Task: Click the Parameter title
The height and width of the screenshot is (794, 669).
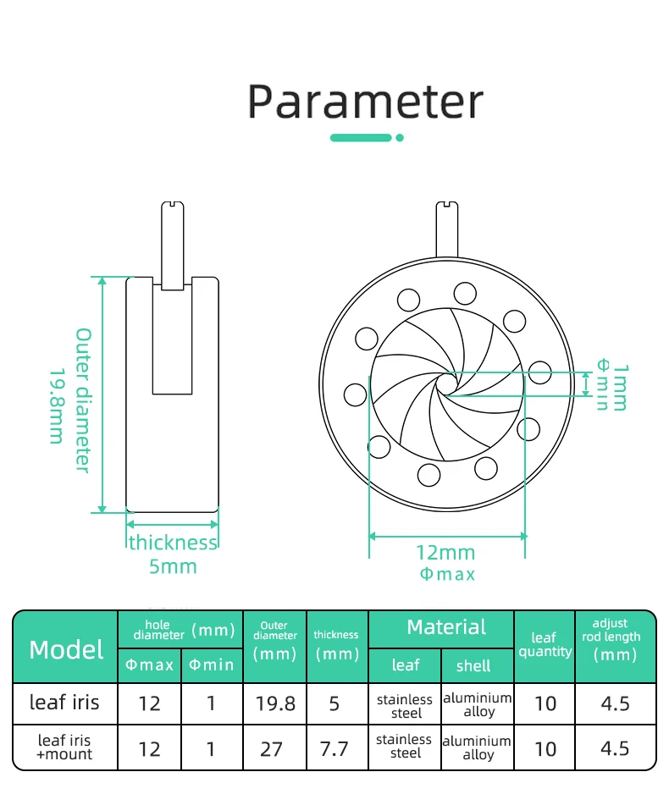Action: (365, 102)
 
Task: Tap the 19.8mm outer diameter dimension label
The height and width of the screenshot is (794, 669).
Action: (57, 406)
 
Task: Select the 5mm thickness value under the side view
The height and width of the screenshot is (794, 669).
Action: (173, 566)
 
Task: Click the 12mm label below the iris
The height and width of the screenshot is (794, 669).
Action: (445, 553)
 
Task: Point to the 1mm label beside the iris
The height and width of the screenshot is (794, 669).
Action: (620, 388)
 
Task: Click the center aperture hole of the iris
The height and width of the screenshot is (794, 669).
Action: (446, 383)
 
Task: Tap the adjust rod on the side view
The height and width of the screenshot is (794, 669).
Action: (173, 245)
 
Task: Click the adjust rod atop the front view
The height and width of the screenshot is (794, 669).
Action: (447, 229)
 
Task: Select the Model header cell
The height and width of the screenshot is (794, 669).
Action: (66, 649)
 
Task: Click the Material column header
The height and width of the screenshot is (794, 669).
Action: (446, 627)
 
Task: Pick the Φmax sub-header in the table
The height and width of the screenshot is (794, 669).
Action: (149, 664)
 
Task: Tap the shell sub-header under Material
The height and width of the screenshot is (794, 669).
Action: (473, 666)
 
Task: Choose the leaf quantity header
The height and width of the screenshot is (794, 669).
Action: (545, 644)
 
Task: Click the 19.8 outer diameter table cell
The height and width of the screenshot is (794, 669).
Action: (275, 703)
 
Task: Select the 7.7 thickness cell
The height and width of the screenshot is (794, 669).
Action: (334, 749)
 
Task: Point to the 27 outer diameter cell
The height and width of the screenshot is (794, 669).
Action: (272, 749)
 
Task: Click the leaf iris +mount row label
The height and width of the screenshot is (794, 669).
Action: (64, 747)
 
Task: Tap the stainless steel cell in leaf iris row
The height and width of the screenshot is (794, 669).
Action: (405, 706)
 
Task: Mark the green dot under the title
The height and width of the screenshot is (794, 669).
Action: (400, 138)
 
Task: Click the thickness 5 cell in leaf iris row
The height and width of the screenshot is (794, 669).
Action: (334, 703)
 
